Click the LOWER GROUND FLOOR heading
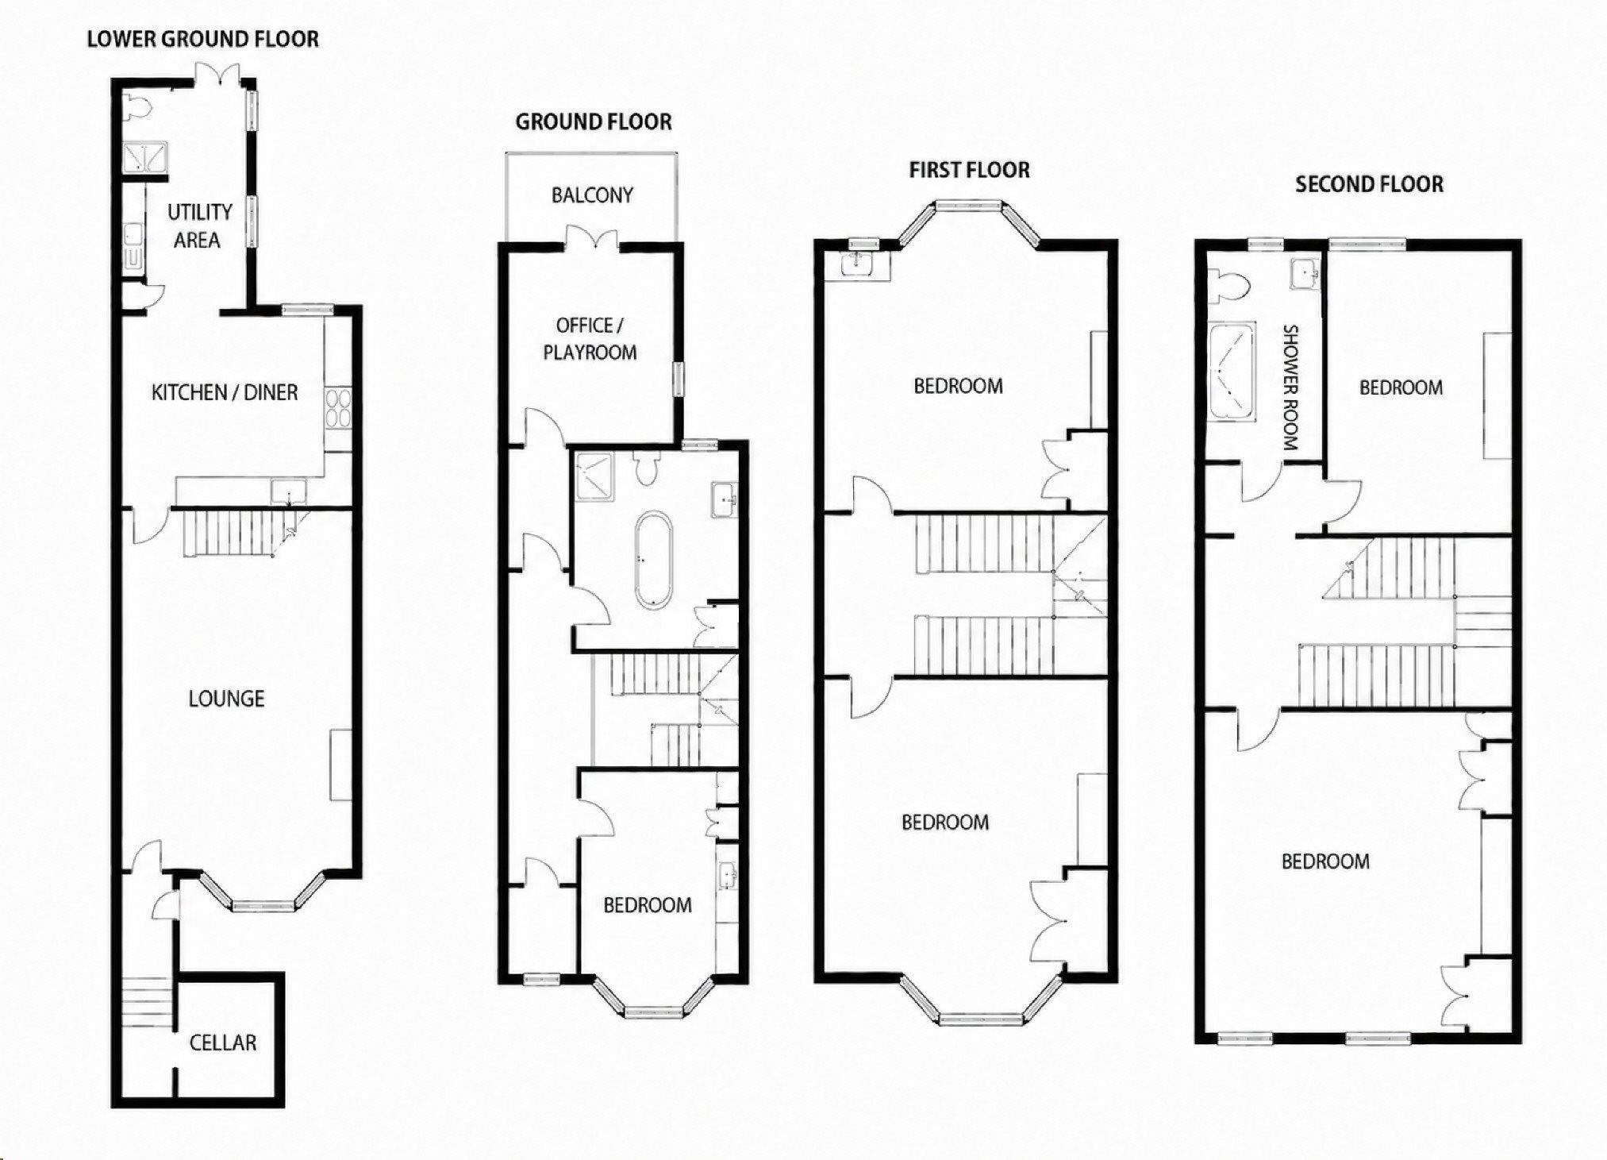(x=202, y=39)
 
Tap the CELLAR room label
(x=223, y=1042)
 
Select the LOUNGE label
(x=226, y=699)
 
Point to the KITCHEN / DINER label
(x=225, y=392)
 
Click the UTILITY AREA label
(x=199, y=226)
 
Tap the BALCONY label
(x=592, y=195)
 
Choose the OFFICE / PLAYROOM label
(x=590, y=339)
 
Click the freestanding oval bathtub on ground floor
(x=653, y=560)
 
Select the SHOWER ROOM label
(x=1290, y=387)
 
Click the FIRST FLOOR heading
(x=969, y=170)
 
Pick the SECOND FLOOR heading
(x=1369, y=184)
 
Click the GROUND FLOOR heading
(x=594, y=121)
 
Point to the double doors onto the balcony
(x=592, y=239)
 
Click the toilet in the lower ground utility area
(x=135, y=106)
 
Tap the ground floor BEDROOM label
(x=648, y=905)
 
